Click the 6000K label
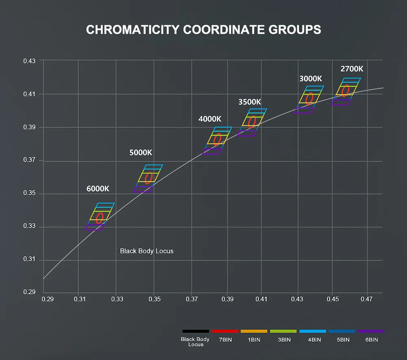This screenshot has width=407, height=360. coord(98,189)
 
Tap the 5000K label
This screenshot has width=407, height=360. coord(141,153)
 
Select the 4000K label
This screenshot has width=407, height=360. coord(210,119)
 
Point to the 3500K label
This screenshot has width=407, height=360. coord(249,102)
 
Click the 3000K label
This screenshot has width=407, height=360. coord(311,78)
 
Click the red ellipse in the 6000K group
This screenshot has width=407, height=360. coord(99,218)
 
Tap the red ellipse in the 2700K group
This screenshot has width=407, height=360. coord(346,91)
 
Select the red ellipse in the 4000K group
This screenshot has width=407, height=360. coord(217,140)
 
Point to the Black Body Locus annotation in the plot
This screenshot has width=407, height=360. coord(147,251)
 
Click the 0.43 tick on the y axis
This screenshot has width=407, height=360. coord(29,61)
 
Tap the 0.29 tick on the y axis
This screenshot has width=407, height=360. coord(29,292)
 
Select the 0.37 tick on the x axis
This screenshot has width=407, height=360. coord(192,300)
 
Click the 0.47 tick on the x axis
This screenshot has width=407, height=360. coord(367,300)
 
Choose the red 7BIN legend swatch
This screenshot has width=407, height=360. coord(225,332)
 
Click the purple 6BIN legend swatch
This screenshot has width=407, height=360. coord(371,332)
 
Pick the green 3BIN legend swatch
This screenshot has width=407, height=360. coord(283,332)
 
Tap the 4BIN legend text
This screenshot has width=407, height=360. coord(313,340)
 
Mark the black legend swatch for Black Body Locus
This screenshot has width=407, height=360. coord(196,332)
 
